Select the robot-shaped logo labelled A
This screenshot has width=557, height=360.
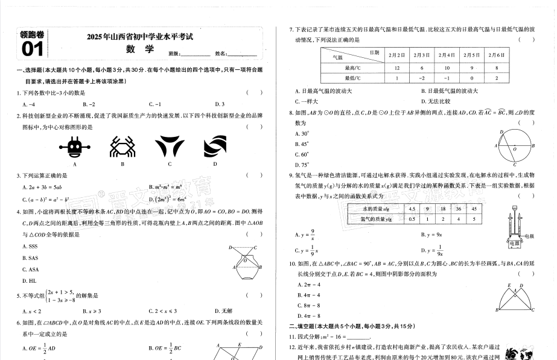tap(75, 147)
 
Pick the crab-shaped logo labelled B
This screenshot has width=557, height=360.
tap(123, 147)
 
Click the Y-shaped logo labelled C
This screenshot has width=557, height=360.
tap(169, 147)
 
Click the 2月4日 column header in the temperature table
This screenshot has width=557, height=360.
tap(447, 55)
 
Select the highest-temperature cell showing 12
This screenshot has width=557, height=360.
tap(396, 68)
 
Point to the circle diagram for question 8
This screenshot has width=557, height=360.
tap(515, 144)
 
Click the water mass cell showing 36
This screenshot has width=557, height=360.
tap(459, 209)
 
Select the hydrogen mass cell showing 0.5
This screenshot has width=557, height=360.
tap(412, 219)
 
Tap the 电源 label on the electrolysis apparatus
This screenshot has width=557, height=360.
tap(514, 243)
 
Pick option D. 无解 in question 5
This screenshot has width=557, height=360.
tap(224, 311)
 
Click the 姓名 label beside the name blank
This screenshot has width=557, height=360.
tap(221, 54)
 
